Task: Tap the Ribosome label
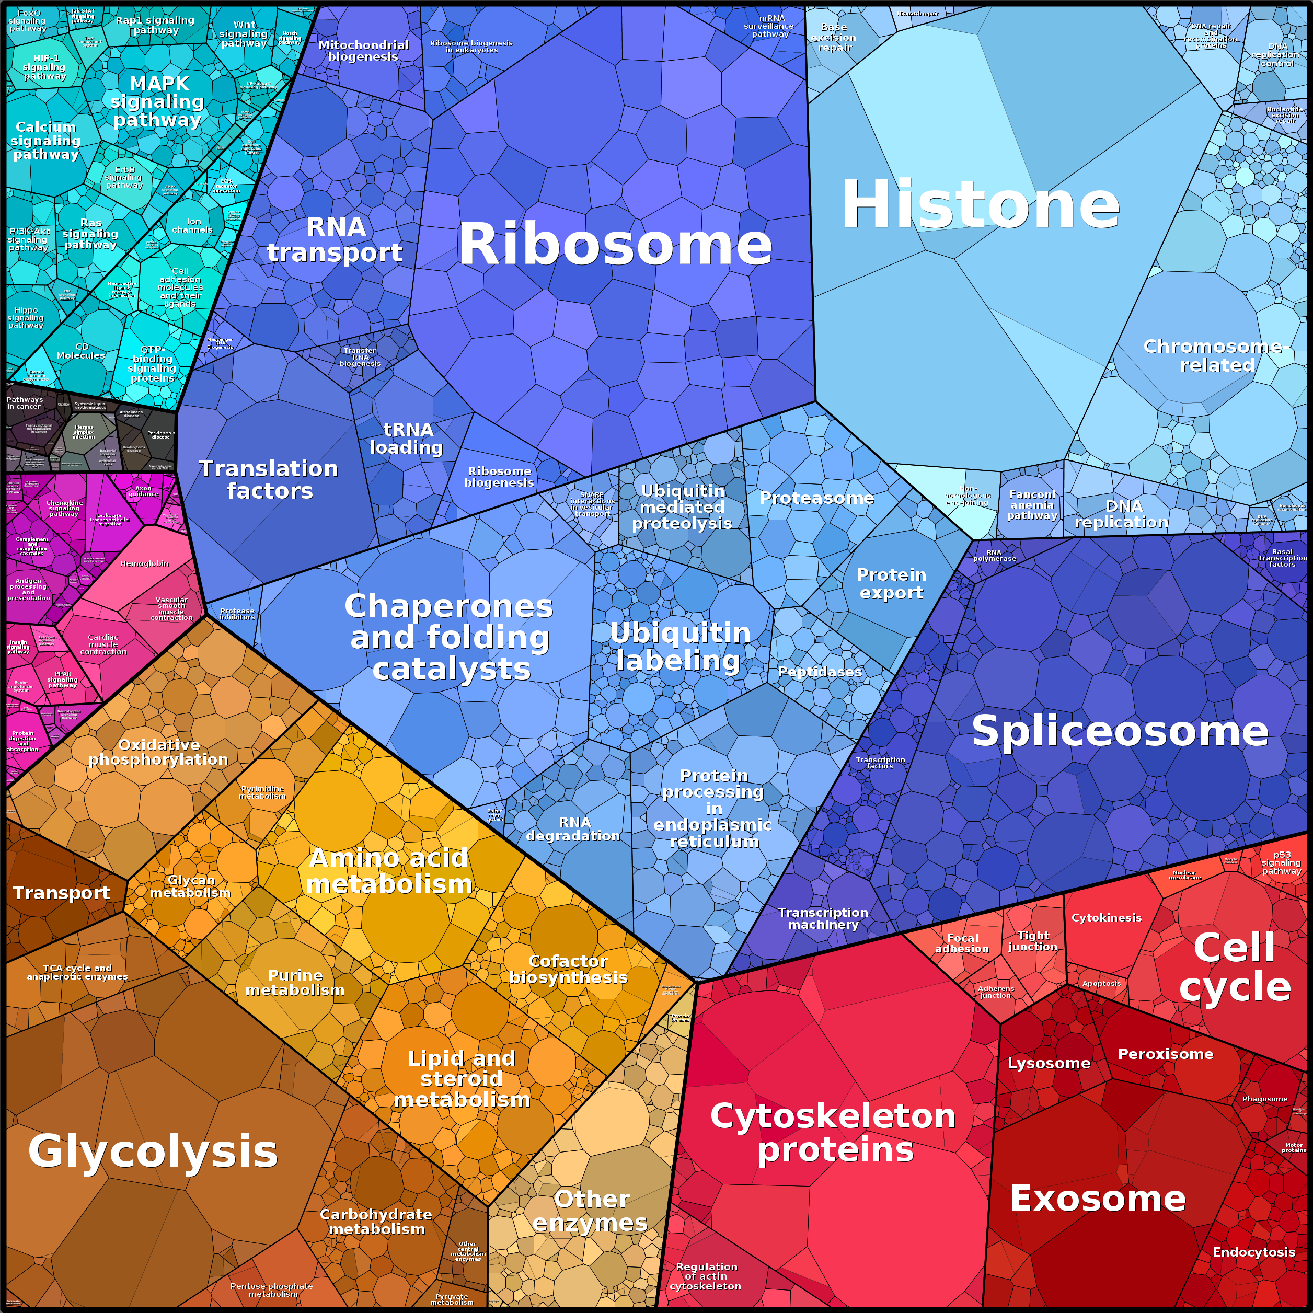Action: click(x=615, y=244)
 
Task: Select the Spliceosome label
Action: click(x=1119, y=731)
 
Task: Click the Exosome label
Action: click(x=1098, y=1198)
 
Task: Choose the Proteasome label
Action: click(x=816, y=498)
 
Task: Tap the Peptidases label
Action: click(x=820, y=672)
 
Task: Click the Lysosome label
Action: click(x=1049, y=1063)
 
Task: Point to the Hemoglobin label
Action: click(x=144, y=563)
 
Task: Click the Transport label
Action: click(x=61, y=892)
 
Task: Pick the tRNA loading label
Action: click(x=407, y=439)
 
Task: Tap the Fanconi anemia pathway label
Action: click(x=1032, y=505)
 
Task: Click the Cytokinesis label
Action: click(x=1107, y=917)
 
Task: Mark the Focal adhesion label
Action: click(x=962, y=943)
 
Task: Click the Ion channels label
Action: click(x=193, y=226)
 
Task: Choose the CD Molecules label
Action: click(x=81, y=351)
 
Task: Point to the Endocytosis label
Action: click(x=1254, y=1252)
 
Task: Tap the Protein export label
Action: click(x=891, y=583)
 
